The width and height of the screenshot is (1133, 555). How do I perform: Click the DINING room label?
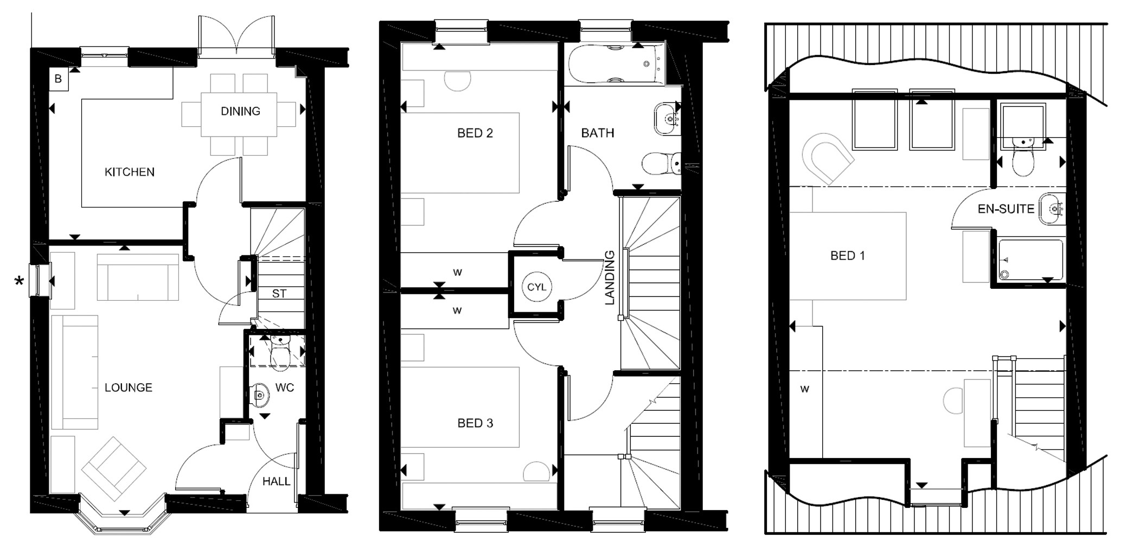(x=240, y=112)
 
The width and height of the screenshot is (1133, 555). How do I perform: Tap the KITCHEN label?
(x=130, y=172)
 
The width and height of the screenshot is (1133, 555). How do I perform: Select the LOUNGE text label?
(x=129, y=388)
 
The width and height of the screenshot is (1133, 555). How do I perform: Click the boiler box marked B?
(x=58, y=79)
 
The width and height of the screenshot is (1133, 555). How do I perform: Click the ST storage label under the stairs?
(x=279, y=294)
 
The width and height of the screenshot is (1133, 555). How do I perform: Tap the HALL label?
(x=276, y=481)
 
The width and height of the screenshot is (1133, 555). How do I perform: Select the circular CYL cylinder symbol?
(x=536, y=287)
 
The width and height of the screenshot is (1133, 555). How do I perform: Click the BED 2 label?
(x=475, y=133)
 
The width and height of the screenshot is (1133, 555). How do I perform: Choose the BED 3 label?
(x=475, y=423)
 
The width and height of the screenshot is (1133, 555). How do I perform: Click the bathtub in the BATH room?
(x=614, y=64)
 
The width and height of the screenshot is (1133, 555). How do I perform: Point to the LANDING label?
(x=610, y=277)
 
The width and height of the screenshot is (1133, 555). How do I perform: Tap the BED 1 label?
(x=847, y=256)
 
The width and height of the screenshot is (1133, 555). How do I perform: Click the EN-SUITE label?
(x=1006, y=209)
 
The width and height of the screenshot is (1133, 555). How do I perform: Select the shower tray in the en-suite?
(x=1030, y=260)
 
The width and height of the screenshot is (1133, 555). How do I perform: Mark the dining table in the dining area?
(x=239, y=115)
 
